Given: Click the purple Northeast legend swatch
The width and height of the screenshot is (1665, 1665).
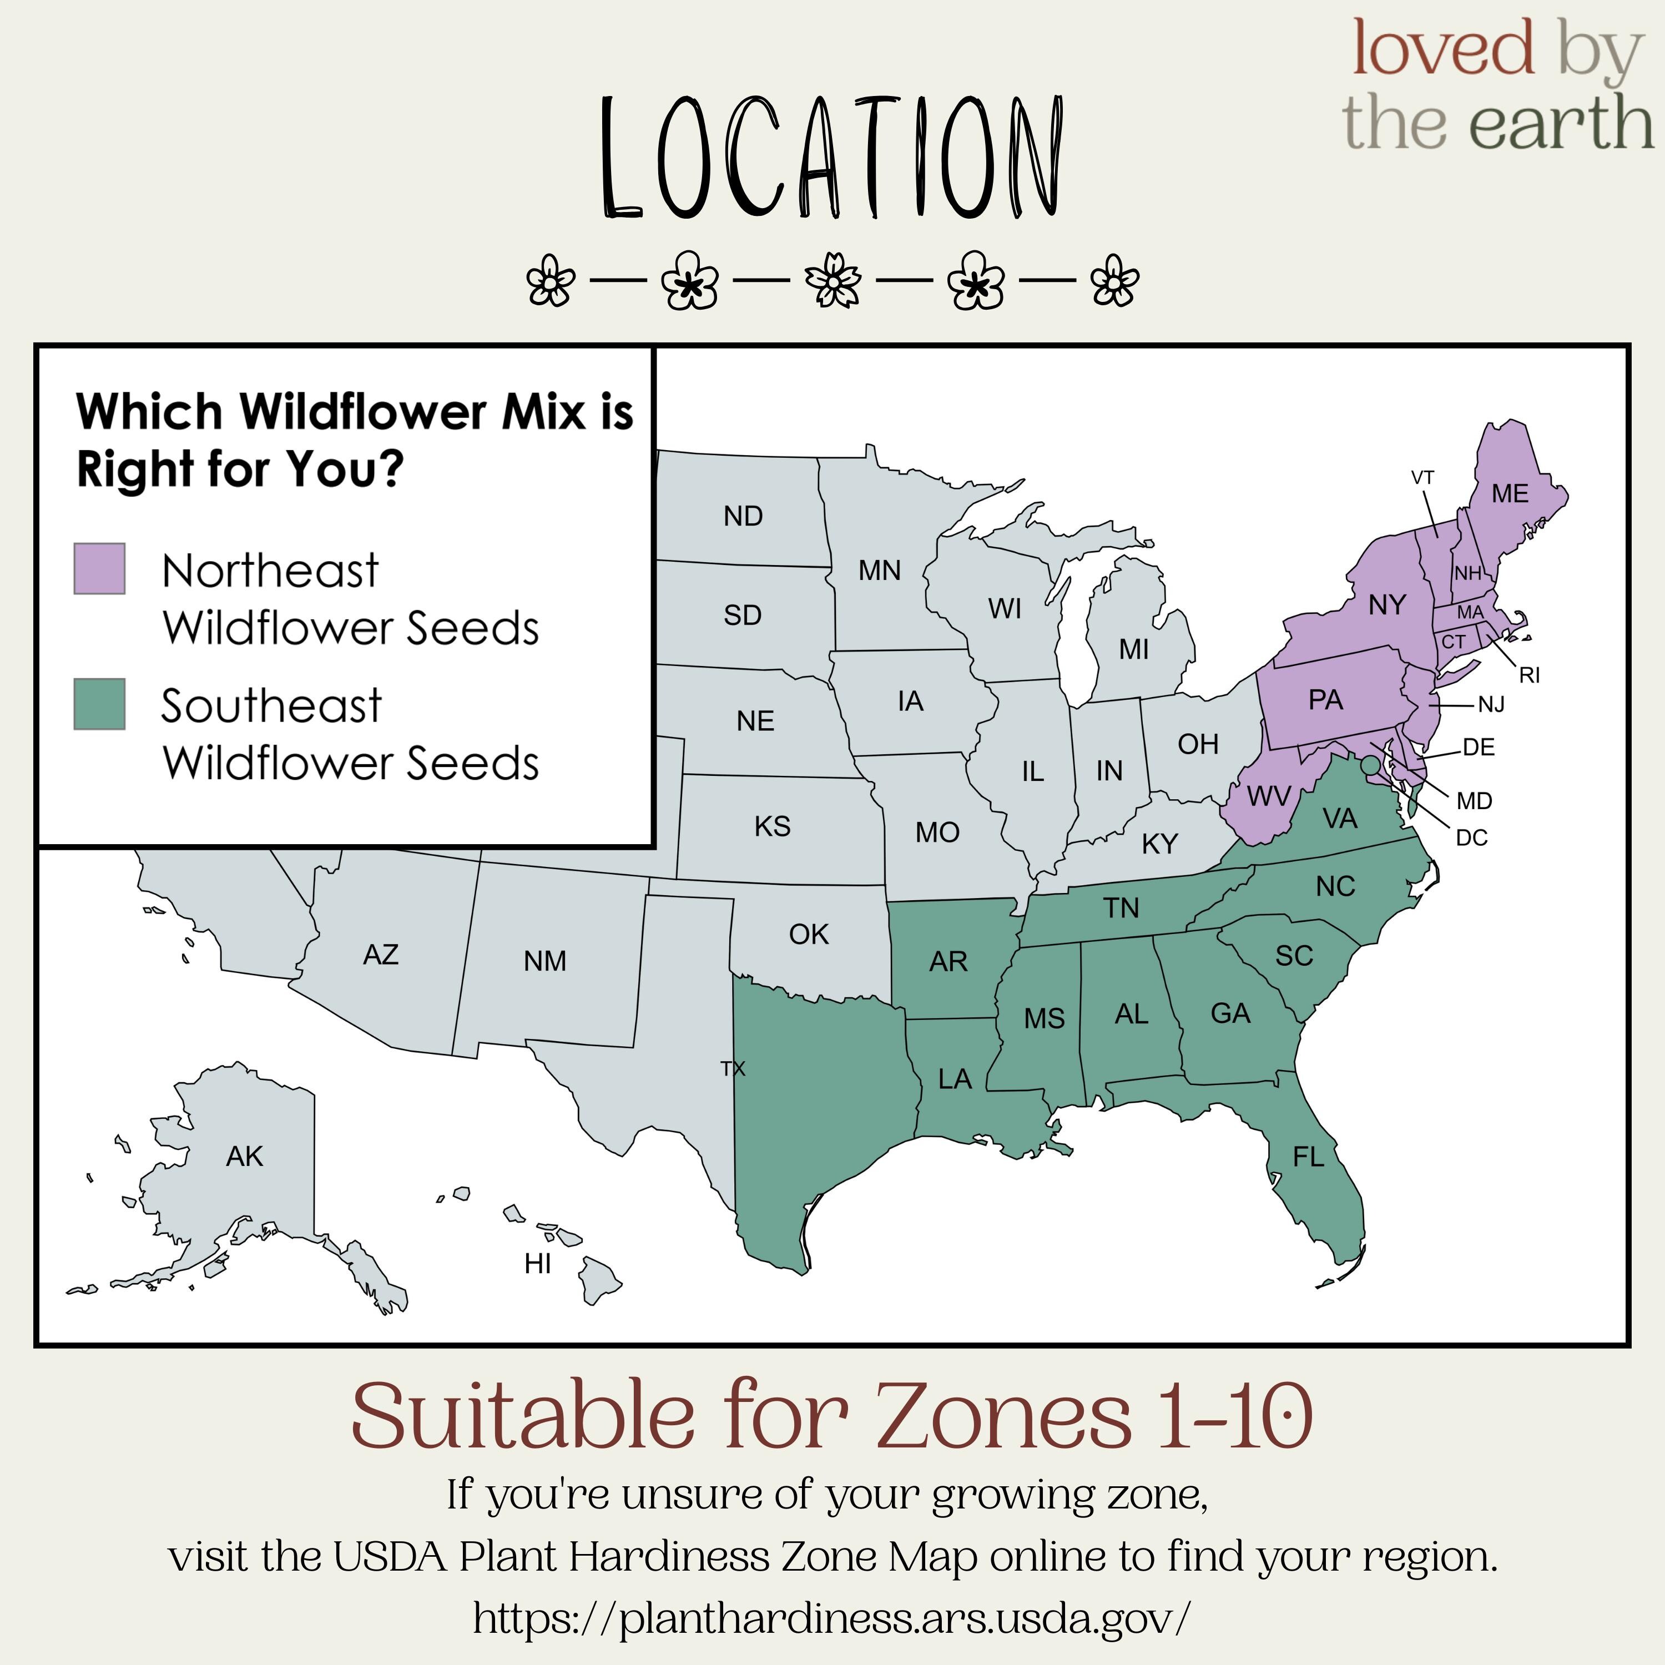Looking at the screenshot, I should click(x=99, y=569).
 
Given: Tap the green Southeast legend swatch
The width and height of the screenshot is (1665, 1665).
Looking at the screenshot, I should click(x=99, y=704).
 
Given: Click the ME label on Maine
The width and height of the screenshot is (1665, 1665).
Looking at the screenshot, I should click(x=1510, y=494).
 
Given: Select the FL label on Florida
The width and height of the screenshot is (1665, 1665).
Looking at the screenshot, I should click(x=1308, y=1157).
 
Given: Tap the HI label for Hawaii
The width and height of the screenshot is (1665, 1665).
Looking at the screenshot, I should click(x=538, y=1263).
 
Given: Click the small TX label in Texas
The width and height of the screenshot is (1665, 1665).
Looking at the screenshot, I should click(x=733, y=1068).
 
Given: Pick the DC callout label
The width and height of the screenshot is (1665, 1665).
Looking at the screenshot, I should click(x=1472, y=837).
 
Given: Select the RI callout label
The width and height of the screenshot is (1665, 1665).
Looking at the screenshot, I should click(x=1530, y=675).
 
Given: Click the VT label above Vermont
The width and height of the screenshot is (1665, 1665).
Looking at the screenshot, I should click(x=1423, y=477).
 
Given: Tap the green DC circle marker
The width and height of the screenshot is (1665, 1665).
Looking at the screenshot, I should click(x=1369, y=764).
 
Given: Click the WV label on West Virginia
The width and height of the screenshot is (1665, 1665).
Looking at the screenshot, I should click(x=1269, y=796).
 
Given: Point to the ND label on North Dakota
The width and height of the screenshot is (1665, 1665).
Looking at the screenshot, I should click(x=743, y=516).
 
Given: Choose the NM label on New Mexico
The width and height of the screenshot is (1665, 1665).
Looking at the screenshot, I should click(x=544, y=961).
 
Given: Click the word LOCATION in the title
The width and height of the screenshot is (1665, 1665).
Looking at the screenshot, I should click(x=831, y=157).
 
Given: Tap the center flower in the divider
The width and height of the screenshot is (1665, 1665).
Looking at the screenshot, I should click(x=833, y=280).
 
